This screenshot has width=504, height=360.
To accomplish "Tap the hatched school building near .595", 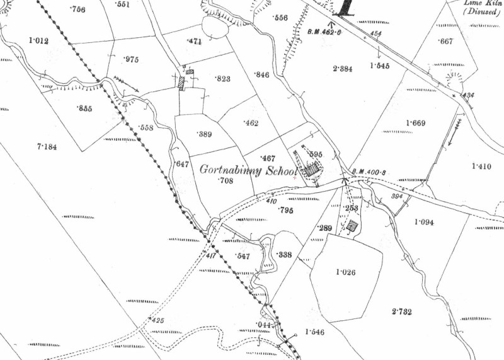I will click(312, 169).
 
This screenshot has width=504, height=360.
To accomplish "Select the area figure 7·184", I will click(47, 147).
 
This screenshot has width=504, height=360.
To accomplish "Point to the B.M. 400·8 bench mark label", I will click(368, 171).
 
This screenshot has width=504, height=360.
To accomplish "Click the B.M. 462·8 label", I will click(324, 31).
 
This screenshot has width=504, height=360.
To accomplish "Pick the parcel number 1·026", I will click(346, 272).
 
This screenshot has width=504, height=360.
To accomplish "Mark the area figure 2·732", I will click(402, 311).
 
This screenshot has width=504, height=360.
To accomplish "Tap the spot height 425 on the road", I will click(157, 321).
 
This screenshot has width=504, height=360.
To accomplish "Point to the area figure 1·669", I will click(417, 122).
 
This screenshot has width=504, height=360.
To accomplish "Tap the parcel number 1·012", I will click(39, 41).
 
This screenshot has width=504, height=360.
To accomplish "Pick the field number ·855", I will click(84, 108).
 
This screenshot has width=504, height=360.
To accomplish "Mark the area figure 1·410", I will click(481, 166).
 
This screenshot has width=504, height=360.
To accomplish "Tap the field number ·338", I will click(285, 254).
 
